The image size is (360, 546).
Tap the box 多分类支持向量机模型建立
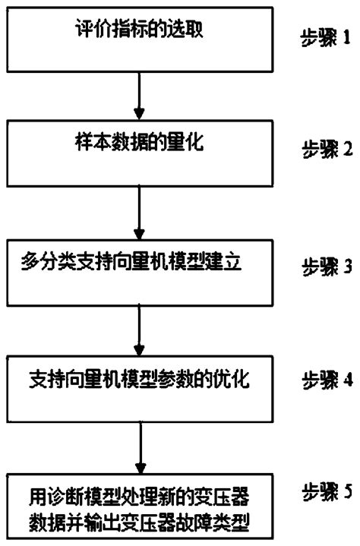coord(139,270)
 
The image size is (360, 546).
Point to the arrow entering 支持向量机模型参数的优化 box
coord(139,326)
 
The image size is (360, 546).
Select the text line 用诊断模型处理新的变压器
coord(138,497)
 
